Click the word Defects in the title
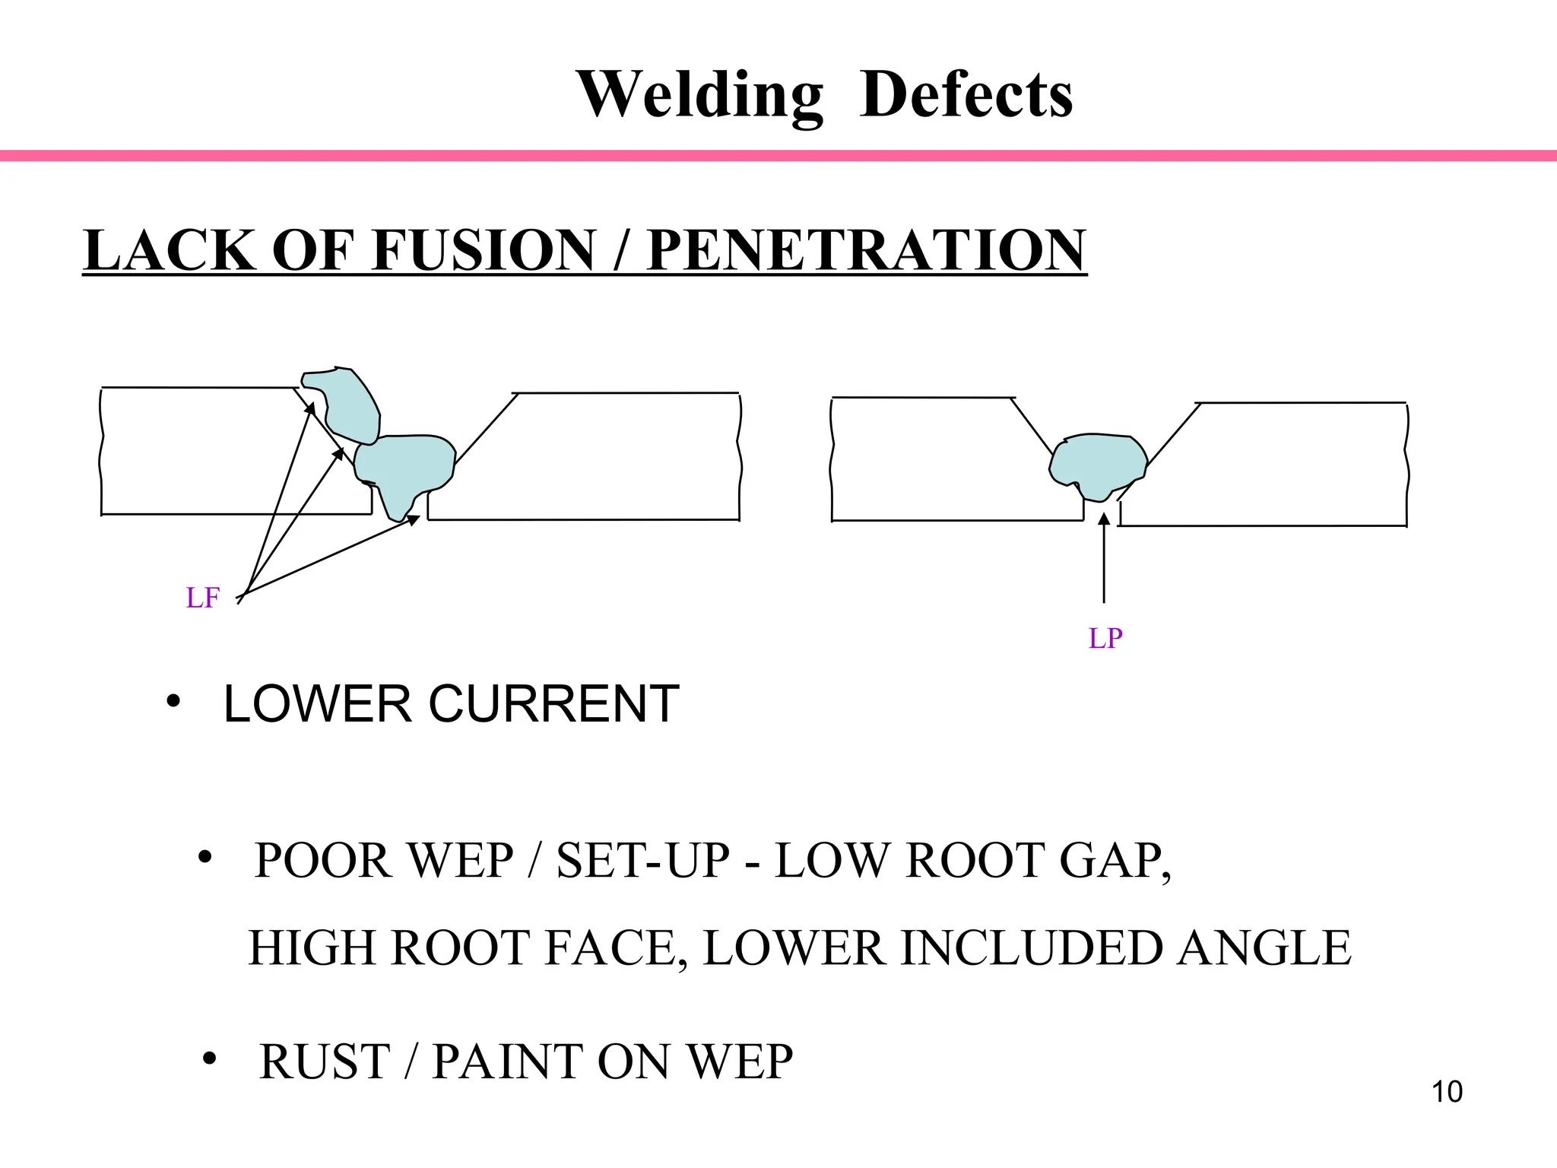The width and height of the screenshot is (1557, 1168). (x=966, y=95)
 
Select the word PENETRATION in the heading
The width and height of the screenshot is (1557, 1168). (x=866, y=250)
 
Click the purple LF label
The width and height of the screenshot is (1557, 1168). (x=202, y=598)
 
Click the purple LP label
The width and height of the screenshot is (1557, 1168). (x=1105, y=638)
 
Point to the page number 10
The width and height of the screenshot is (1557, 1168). (x=1447, y=1092)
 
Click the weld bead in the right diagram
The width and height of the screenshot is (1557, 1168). (x=1098, y=462)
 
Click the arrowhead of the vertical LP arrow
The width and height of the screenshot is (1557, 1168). (x=1104, y=520)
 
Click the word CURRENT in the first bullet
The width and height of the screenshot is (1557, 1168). (x=553, y=704)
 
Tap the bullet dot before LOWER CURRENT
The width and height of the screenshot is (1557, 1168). (x=173, y=700)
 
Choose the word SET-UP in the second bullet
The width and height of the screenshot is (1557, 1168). (x=642, y=861)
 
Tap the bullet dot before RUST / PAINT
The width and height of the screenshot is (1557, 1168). (x=210, y=1059)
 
